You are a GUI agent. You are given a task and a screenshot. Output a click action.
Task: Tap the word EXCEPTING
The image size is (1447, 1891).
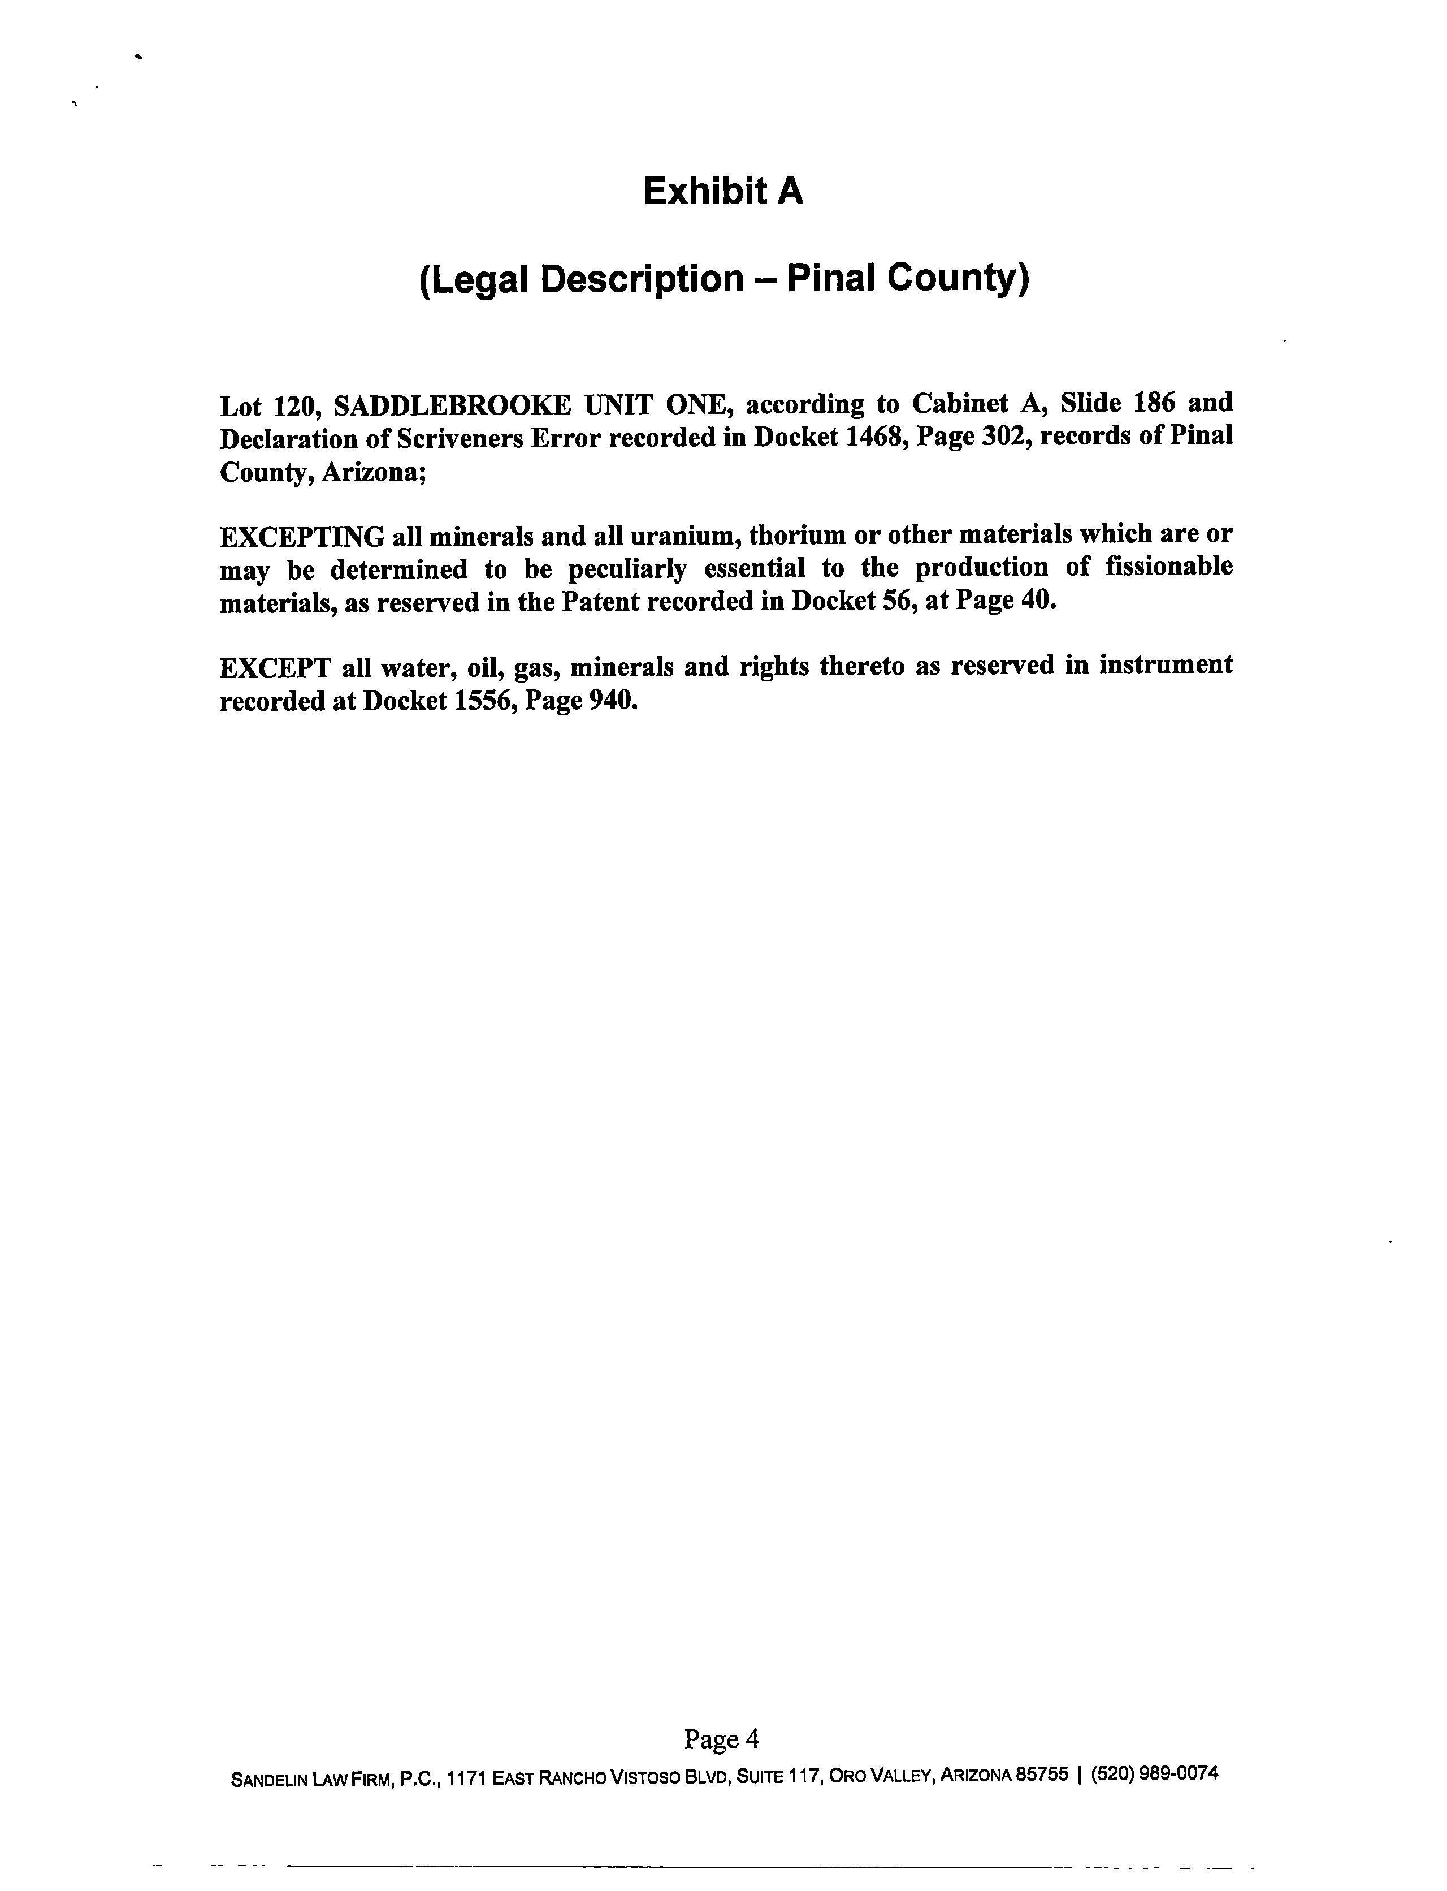pos(301,537)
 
